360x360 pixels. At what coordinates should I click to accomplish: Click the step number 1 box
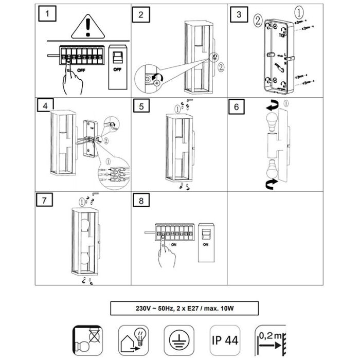[48, 14]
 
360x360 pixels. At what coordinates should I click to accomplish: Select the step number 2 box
[141, 14]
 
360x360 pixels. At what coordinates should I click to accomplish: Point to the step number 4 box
[46, 106]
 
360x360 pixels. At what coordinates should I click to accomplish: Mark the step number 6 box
[236, 106]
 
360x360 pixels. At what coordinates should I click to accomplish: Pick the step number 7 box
[46, 201]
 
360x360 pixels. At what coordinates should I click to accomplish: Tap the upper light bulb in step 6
[272, 124]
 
